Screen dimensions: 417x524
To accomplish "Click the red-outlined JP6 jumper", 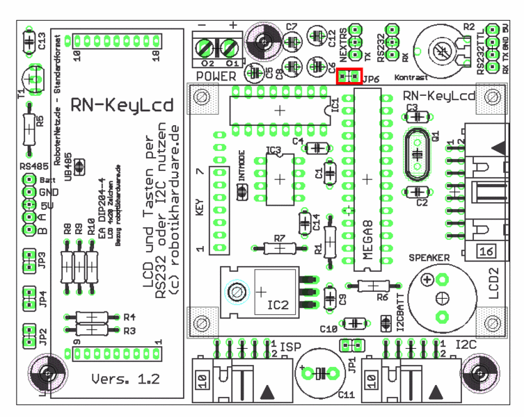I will tap(348, 76).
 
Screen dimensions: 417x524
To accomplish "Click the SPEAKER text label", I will tap(429, 256).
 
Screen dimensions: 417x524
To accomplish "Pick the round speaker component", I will tap(440, 299).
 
